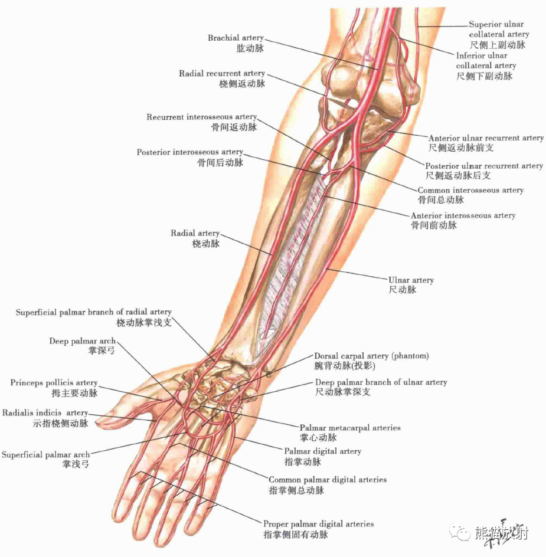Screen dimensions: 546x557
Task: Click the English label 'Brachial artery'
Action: point(236,38)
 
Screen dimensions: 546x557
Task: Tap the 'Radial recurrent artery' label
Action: point(222,74)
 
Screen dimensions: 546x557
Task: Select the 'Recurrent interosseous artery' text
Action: point(201,117)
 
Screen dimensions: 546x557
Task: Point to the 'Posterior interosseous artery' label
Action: point(189,152)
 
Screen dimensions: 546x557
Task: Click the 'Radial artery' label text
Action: point(195,234)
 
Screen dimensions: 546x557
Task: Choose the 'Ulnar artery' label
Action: point(411,280)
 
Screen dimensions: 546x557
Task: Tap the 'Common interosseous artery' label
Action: point(470,191)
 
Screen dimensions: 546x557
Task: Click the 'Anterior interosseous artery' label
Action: point(463,216)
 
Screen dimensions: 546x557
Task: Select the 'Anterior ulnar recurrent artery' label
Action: point(486,138)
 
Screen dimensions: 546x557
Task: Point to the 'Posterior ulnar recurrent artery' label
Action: point(483,166)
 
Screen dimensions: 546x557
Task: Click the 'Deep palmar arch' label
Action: point(83,341)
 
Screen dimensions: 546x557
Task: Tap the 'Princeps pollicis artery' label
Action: point(54,383)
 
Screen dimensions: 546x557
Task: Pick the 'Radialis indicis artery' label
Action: point(45,413)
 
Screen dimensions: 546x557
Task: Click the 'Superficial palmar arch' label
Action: point(45,455)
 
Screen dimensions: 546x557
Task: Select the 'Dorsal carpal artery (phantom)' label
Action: point(371,356)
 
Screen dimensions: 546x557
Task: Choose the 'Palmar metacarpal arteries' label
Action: point(350,428)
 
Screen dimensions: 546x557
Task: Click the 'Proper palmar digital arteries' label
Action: point(318,524)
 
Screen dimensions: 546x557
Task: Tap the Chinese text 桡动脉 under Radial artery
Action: point(206,244)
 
